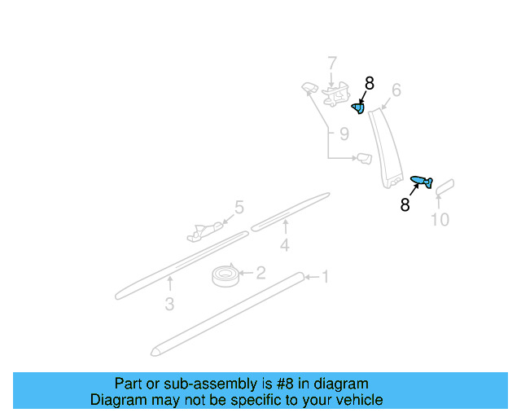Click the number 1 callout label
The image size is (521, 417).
pyautogui.click(x=325, y=278)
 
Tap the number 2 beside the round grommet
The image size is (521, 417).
pyautogui.click(x=260, y=273)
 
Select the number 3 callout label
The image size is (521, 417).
pyautogui.click(x=169, y=305)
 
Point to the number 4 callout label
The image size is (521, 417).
pyautogui.click(x=284, y=245)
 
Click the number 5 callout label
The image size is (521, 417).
pyautogui.click(x=239, y=208)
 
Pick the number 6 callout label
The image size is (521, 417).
pyautogui.click(x=396, y=90)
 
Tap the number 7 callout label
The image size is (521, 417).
pyautogui.click(x=331, y=63)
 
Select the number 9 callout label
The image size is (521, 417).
pyautogui.click(x=344, y=134)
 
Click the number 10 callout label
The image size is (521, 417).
pyautogui.click(x=440, y=219)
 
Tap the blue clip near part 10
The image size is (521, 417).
pyautogui.click(x=421, y=180)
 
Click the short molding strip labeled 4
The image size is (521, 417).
pyautogui.click(x=290, y=213)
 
